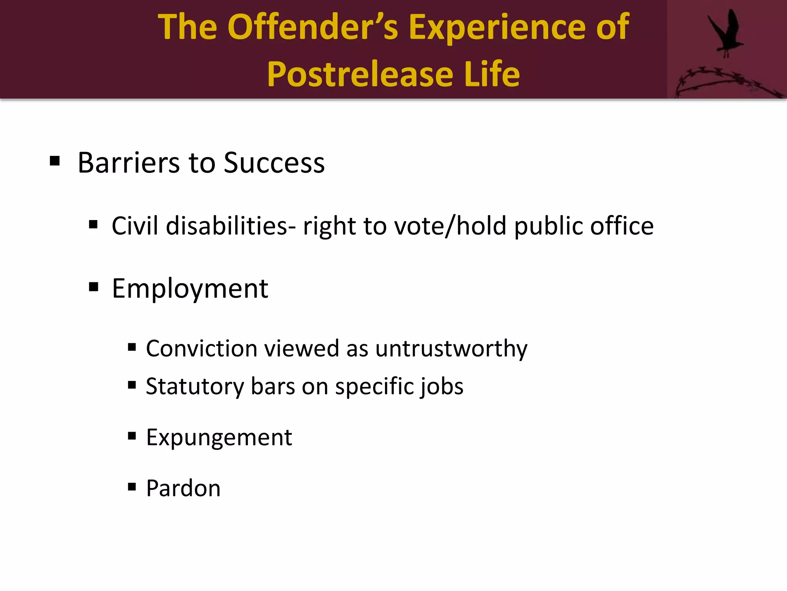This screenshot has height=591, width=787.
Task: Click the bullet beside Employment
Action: [93, 287]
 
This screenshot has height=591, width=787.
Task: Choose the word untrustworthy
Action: [451, 349]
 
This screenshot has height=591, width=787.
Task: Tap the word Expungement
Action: [219, 437]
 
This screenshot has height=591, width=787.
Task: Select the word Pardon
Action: [183, 488]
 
